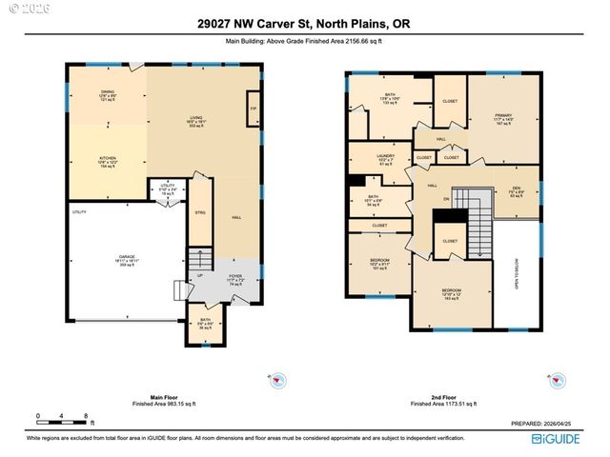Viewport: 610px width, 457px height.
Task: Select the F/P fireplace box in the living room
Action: [253, 109]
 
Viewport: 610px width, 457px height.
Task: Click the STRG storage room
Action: [201, 212]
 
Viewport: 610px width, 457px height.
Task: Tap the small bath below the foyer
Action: [205, 323]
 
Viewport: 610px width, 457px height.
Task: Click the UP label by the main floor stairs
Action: [199, 276]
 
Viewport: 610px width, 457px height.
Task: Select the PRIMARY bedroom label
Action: [503, 117]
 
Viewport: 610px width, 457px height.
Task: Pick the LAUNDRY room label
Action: [385, 157]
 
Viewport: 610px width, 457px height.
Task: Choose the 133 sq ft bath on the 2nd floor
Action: [390, 97]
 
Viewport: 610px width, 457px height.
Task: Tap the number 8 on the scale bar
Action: [86, 416]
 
